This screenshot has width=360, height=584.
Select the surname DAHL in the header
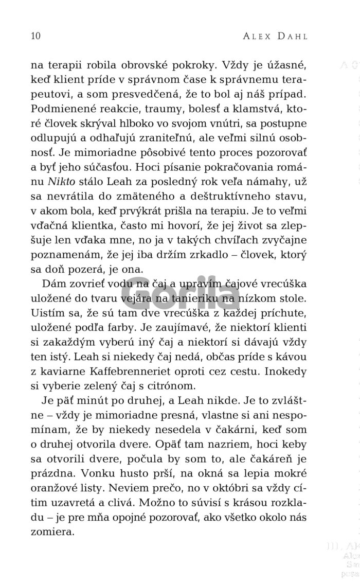pos(299,36)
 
